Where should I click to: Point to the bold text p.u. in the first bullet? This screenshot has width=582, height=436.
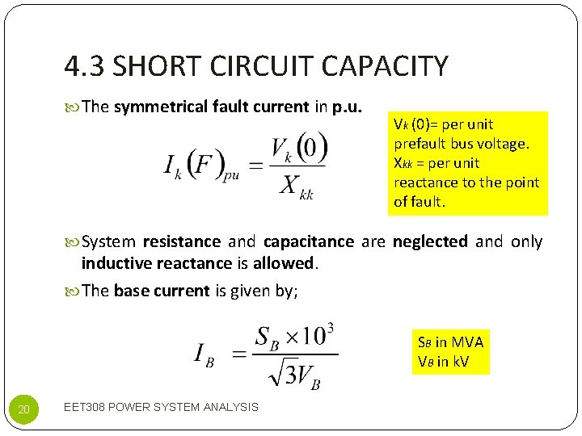click(347, 107)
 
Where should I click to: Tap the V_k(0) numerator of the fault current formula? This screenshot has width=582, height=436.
click(299, 149)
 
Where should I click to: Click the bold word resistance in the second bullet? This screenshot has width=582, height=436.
click(181, 241)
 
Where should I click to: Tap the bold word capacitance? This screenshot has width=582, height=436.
click(308, 241)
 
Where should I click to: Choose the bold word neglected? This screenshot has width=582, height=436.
click(429, 241)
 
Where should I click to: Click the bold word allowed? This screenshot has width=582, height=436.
click(283, 263)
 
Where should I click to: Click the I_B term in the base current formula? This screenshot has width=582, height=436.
click(204, 354)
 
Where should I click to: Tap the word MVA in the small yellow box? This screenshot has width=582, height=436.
click(468, 342)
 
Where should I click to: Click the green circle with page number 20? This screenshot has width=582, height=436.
click(23, 410)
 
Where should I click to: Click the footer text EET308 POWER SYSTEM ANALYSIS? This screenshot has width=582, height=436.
click(161, 407)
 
